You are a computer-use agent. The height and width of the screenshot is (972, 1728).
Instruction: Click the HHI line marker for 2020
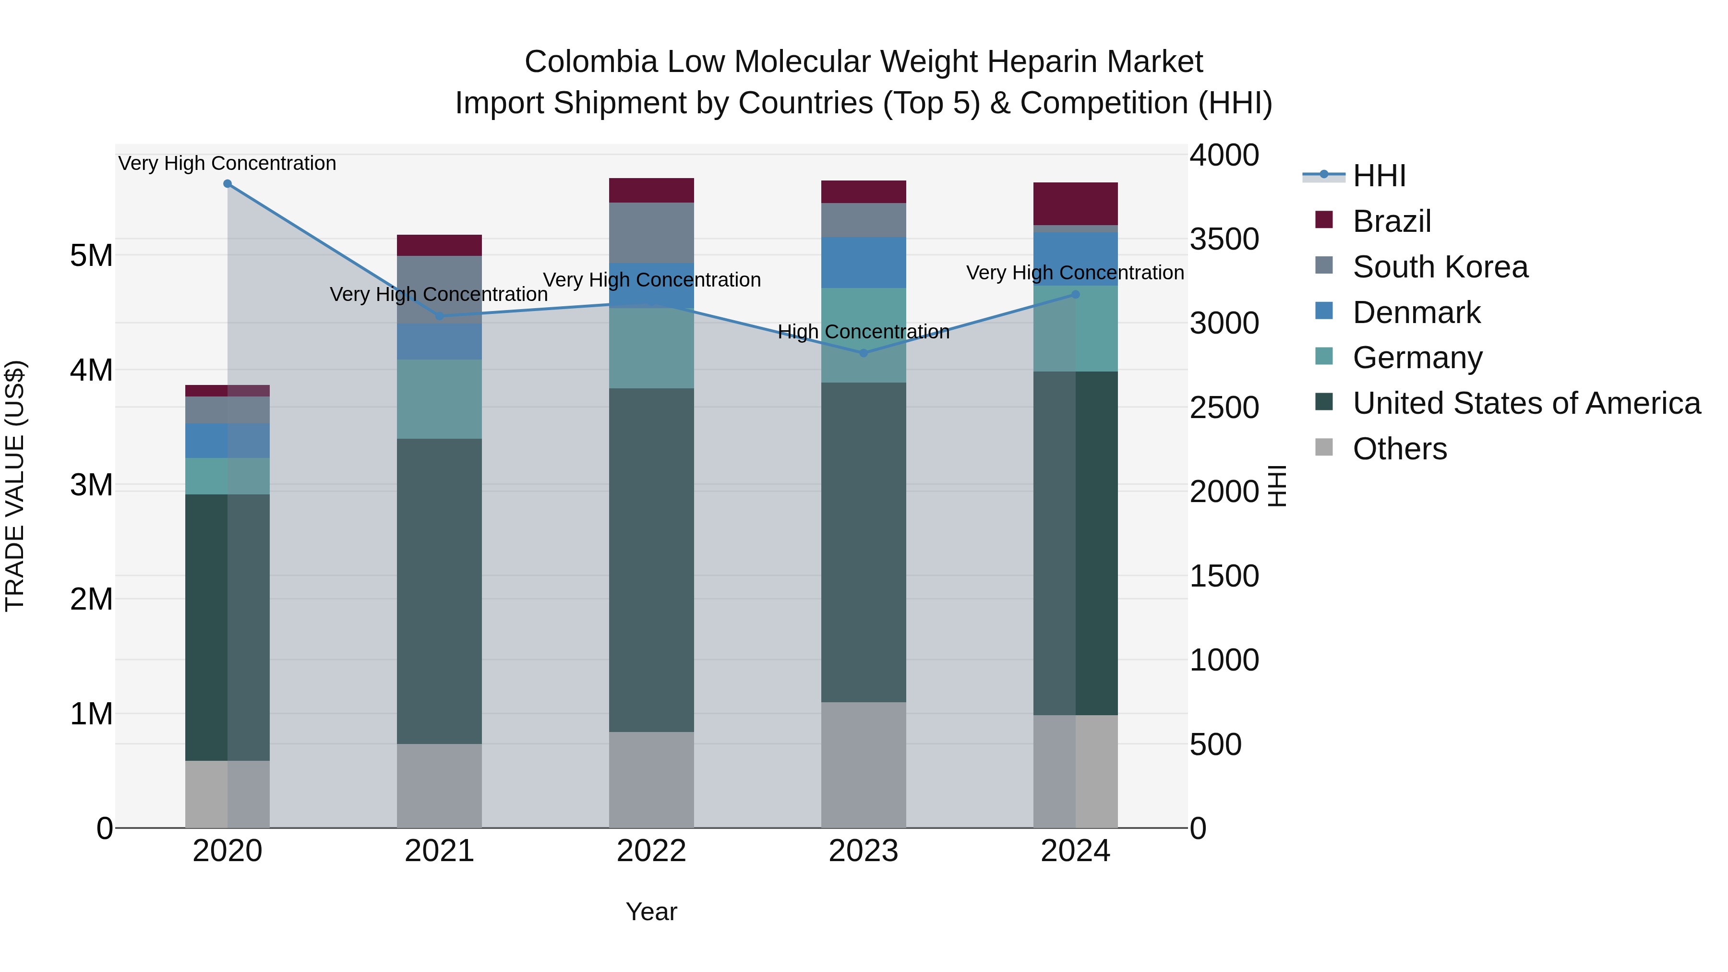tap(228, 184)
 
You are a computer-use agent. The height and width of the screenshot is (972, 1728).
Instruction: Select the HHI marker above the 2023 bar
tap(864, 353)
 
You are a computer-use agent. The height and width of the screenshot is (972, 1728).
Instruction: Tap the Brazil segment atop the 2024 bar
tap(1075, 203)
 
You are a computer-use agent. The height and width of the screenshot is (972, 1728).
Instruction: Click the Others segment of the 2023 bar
tap(864, 765)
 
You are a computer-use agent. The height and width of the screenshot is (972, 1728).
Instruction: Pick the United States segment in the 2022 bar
tap(651, 560)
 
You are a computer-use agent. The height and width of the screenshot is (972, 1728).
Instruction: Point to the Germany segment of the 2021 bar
tap(439, 399)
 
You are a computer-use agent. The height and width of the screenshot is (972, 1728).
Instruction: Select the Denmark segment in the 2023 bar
tap(864, 262)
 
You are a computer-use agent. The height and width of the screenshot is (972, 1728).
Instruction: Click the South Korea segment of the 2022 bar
tap(651, 232)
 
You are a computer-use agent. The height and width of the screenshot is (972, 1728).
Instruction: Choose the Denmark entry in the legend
tap(1416, 312)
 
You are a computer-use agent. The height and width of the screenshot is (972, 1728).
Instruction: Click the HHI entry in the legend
tap(1379, 176)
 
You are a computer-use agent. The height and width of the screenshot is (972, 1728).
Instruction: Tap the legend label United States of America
tap(1526, 403)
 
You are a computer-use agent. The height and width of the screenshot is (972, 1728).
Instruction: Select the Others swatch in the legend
tap(1323, 447)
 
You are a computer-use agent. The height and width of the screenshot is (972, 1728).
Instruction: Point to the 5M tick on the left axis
tap(91, 255)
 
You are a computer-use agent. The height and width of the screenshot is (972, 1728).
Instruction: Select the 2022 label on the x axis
tap(651, 851)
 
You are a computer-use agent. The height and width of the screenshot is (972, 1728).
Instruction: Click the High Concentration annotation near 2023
tap(864, 332)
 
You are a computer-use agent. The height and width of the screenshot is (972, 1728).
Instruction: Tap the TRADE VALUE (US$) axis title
tap(15, 486)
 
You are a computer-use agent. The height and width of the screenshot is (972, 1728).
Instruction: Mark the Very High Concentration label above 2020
tap(228, 164)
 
